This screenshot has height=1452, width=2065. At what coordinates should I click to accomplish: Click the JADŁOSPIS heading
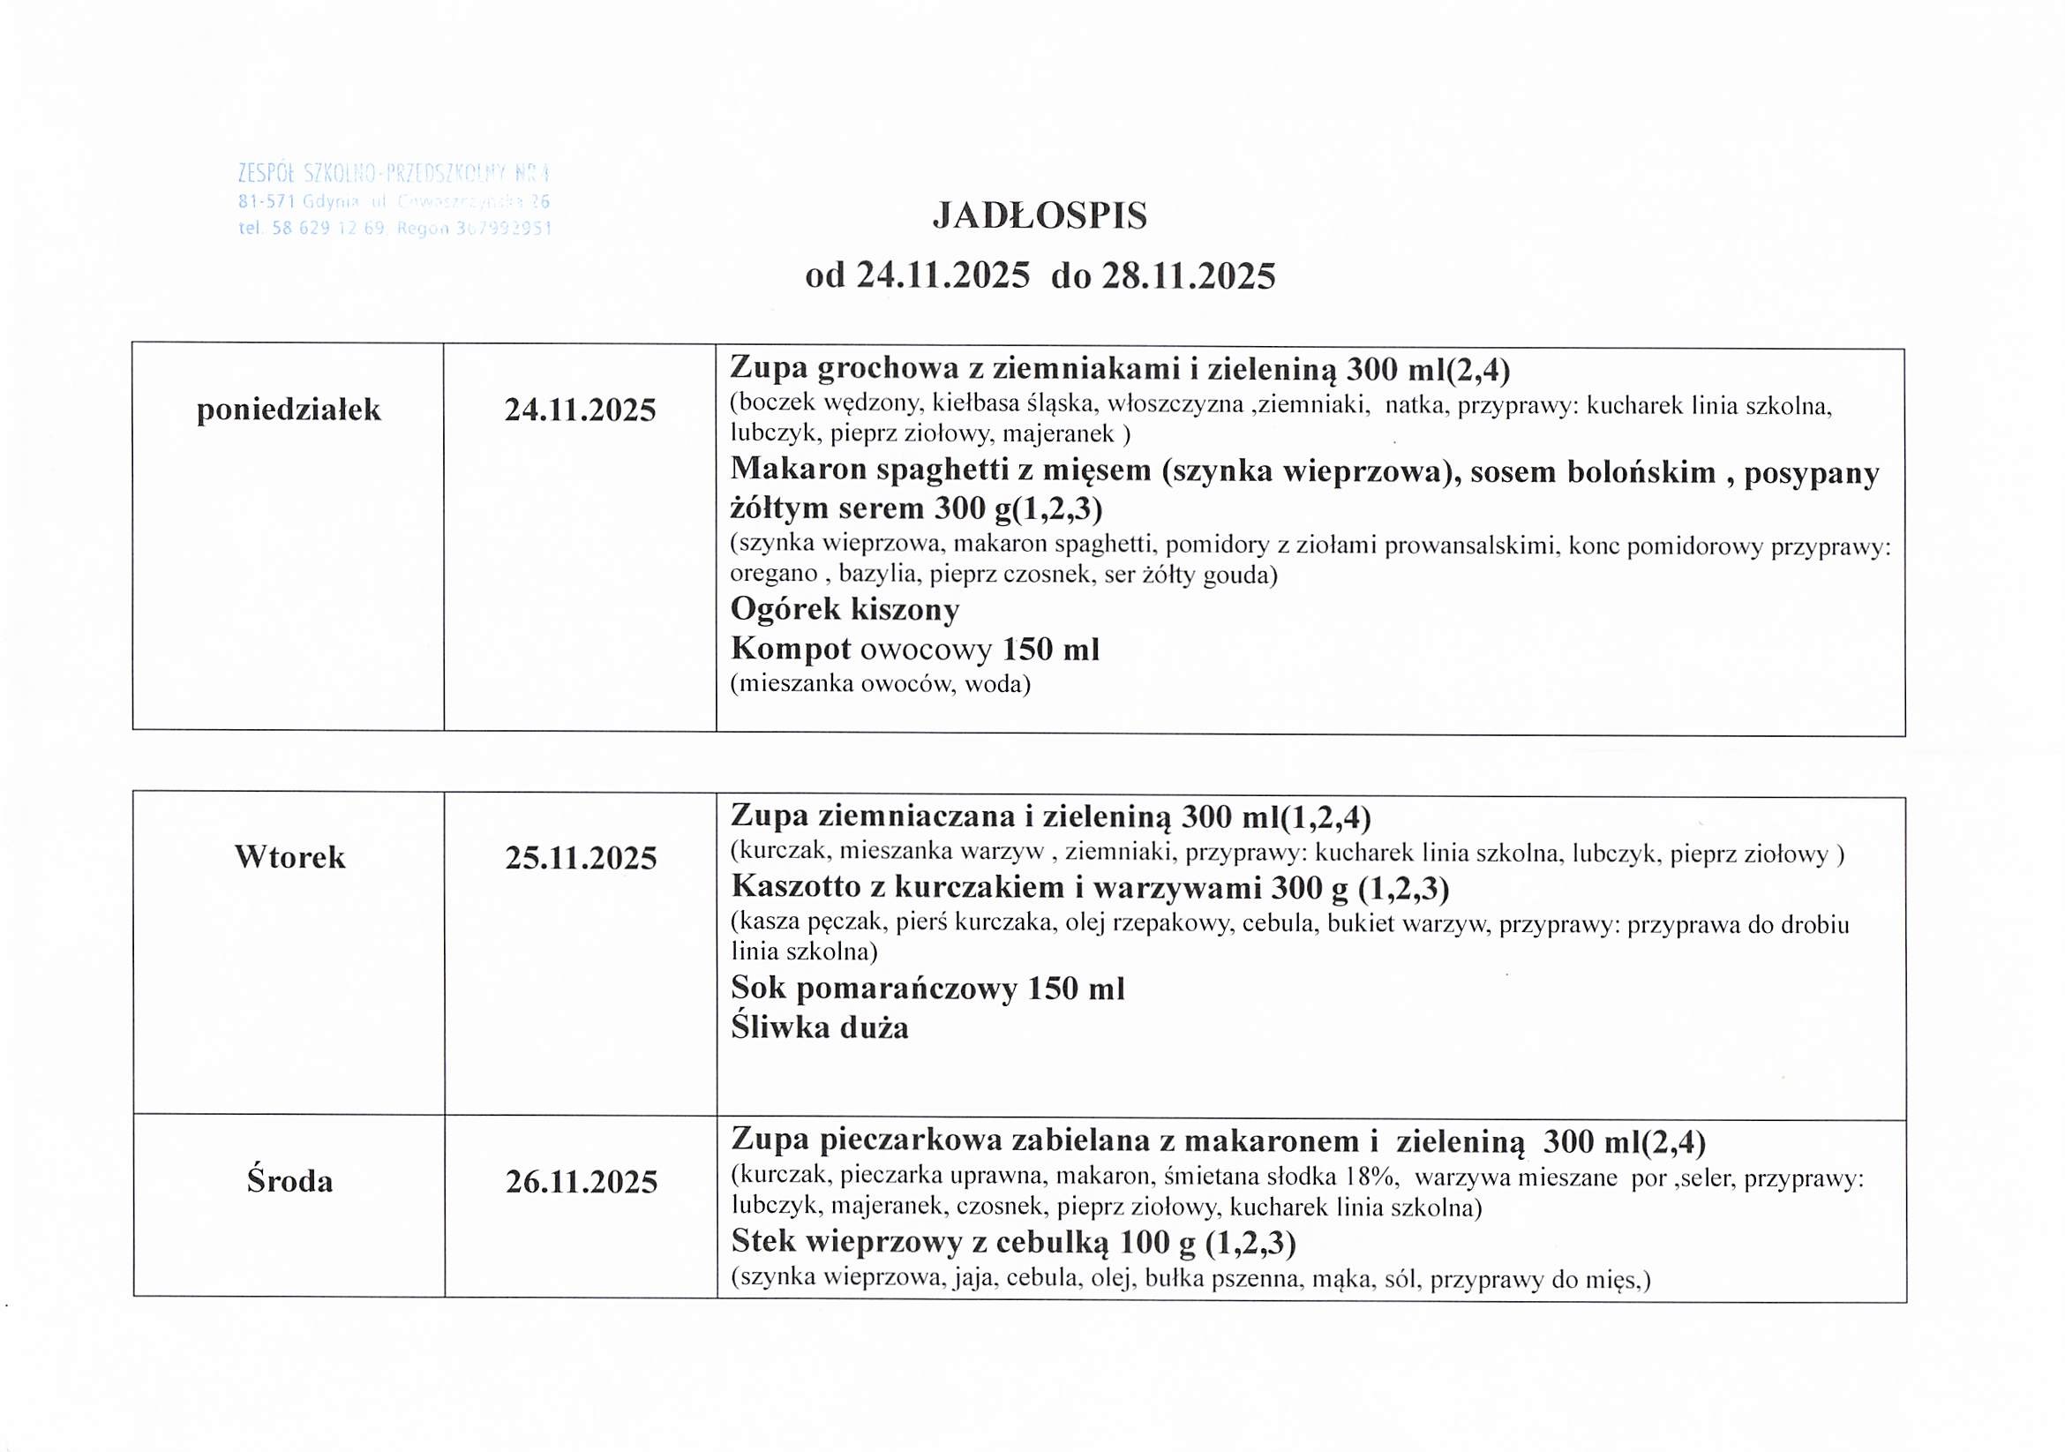(1040, 216)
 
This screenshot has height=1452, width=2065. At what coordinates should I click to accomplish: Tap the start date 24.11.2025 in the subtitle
(942, 275)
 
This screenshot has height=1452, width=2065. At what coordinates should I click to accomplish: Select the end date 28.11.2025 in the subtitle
(1189, 275)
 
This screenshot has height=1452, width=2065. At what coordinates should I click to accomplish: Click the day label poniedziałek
(289, 410)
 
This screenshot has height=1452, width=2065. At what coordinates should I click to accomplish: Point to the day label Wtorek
(289, 856)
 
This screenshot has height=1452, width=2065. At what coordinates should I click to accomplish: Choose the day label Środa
(289, 1180)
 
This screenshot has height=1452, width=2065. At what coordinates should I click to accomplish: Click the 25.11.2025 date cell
(581, 858)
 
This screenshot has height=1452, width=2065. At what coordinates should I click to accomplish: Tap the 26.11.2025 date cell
(581, 1181)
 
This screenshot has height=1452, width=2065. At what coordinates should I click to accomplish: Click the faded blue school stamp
(394, 199)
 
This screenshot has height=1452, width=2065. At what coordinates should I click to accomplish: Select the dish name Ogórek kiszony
(845, 610)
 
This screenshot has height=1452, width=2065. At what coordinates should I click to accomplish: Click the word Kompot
(791, 649)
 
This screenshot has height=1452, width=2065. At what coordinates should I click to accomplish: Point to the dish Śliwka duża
(819, 1027)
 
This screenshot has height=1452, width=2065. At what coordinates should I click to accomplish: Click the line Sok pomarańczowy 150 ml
(927, 989)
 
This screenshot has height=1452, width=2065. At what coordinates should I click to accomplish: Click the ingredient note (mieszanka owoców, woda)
(880, 684)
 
